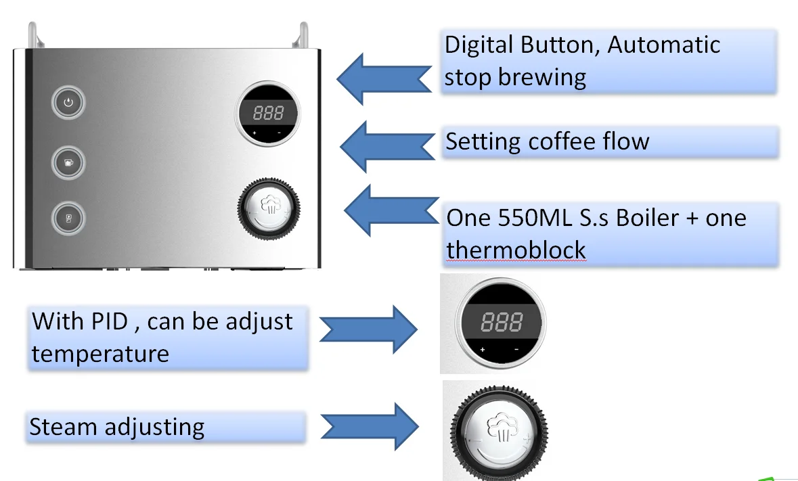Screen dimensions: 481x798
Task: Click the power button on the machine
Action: pos(67,104)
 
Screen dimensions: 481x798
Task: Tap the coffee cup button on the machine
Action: pos(67,162)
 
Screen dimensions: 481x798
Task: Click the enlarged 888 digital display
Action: pos(501,323)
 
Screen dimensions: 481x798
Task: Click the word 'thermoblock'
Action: pos(516,250)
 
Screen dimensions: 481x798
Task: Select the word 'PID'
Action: pos(110,321)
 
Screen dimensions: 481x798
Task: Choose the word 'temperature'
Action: pos(100,354)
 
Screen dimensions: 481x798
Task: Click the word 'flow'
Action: pos(625,141)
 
